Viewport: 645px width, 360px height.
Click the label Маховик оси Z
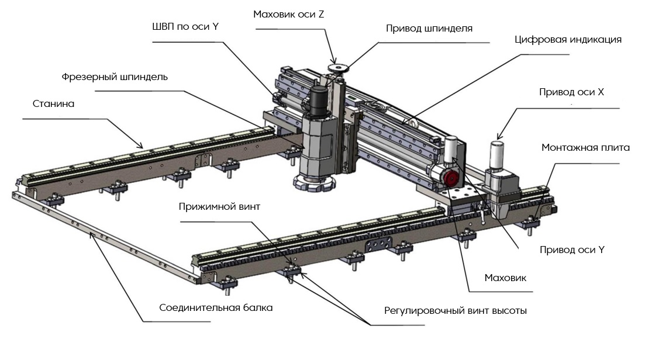click(288, 15)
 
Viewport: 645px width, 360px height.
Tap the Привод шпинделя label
click(429, 28)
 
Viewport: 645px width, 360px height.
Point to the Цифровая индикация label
click(567, 40)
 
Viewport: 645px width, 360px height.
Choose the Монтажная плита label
click(585, 148)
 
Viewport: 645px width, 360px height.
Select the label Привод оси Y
click(571, 250)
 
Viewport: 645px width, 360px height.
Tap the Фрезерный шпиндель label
click(115, 77)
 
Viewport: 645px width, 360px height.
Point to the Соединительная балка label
click(216, 307)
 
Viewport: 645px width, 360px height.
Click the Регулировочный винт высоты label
click(455, 310)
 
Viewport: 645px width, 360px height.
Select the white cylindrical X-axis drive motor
click(496, 154)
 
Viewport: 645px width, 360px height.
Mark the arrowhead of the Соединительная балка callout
click(91, 236)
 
